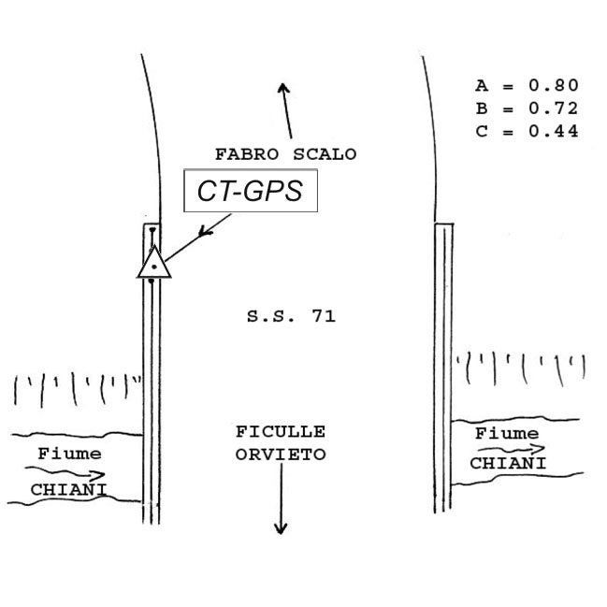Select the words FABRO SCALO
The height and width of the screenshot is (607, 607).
click(x=285, y=154)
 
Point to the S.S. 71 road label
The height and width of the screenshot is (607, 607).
click(x=291, y=317)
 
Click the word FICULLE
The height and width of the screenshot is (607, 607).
click(x=281, y=432)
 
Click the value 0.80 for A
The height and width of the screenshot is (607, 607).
click(x=554, y=86)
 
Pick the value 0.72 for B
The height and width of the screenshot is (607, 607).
click(x=554, y=108)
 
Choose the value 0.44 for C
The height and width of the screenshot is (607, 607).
click(x=554, y=131)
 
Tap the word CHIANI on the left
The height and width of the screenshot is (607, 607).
click(x=68, y=488)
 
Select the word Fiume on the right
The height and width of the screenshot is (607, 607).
click(x=507, y=433)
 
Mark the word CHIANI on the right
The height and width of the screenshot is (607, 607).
click(x=508, y=463)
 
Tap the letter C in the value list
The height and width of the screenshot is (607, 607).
click(x=481, y=131)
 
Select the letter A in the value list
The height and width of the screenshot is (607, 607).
click(x=481, y=86)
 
